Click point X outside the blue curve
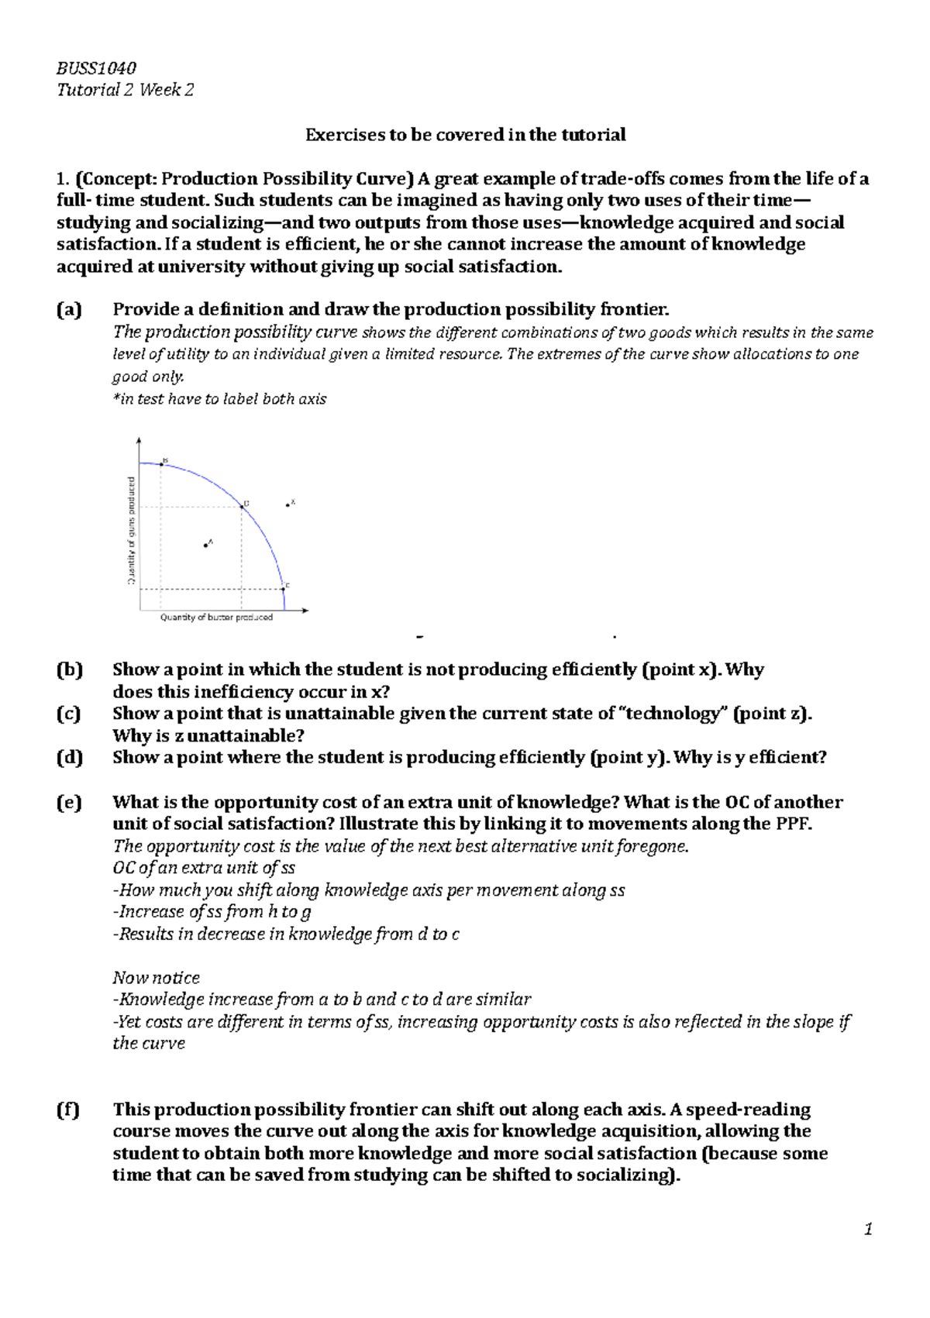288,505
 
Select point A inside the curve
205,545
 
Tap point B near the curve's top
161,463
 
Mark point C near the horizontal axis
283,590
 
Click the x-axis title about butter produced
216,618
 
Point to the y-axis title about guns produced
132,530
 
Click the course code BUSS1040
97,67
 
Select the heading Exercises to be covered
465,135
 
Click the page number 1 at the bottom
869,1230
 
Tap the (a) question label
69,310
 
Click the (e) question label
69,803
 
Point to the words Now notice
156,978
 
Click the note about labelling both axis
219,399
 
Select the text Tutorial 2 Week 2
125,90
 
